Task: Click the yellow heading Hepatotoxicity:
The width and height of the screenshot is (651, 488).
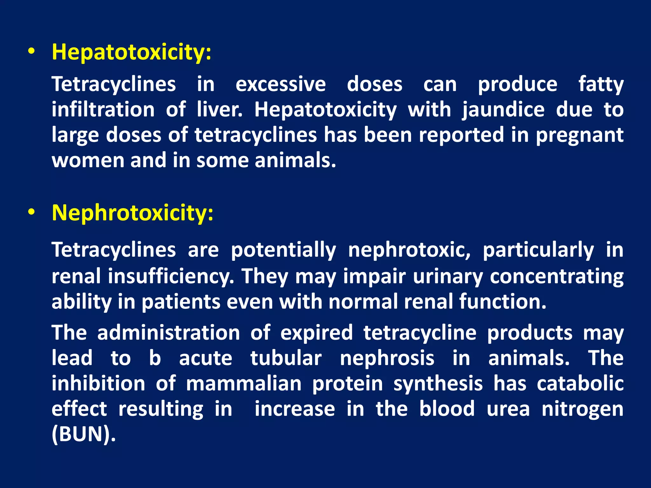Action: pos(131,52)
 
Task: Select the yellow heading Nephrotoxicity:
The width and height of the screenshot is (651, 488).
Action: pos(133,213)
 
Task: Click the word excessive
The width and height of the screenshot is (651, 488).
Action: pos(280,85)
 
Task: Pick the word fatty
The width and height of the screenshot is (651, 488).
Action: pos(600,85)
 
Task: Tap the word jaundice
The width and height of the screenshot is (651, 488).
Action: pos(503,110)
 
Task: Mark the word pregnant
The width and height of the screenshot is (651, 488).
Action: pos(579,135)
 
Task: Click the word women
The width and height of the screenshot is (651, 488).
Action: pos(88,160)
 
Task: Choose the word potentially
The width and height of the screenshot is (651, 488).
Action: pos(283,250)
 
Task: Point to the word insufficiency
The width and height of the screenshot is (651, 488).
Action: pos(171,276)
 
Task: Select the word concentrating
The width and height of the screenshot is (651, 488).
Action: pos(556,276)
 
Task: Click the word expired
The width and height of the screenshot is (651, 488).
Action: pos(317,333)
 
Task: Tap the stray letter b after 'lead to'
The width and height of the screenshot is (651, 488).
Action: pos(155,358)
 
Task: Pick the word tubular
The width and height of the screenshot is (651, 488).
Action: pos(286,358)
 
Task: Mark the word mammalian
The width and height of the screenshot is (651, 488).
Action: pos(243,384)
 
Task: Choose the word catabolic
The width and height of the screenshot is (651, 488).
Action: pos(580,383)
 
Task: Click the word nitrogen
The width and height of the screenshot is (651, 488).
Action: pos(582,409)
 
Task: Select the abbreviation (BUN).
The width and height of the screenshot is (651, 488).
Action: pos(84,434)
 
